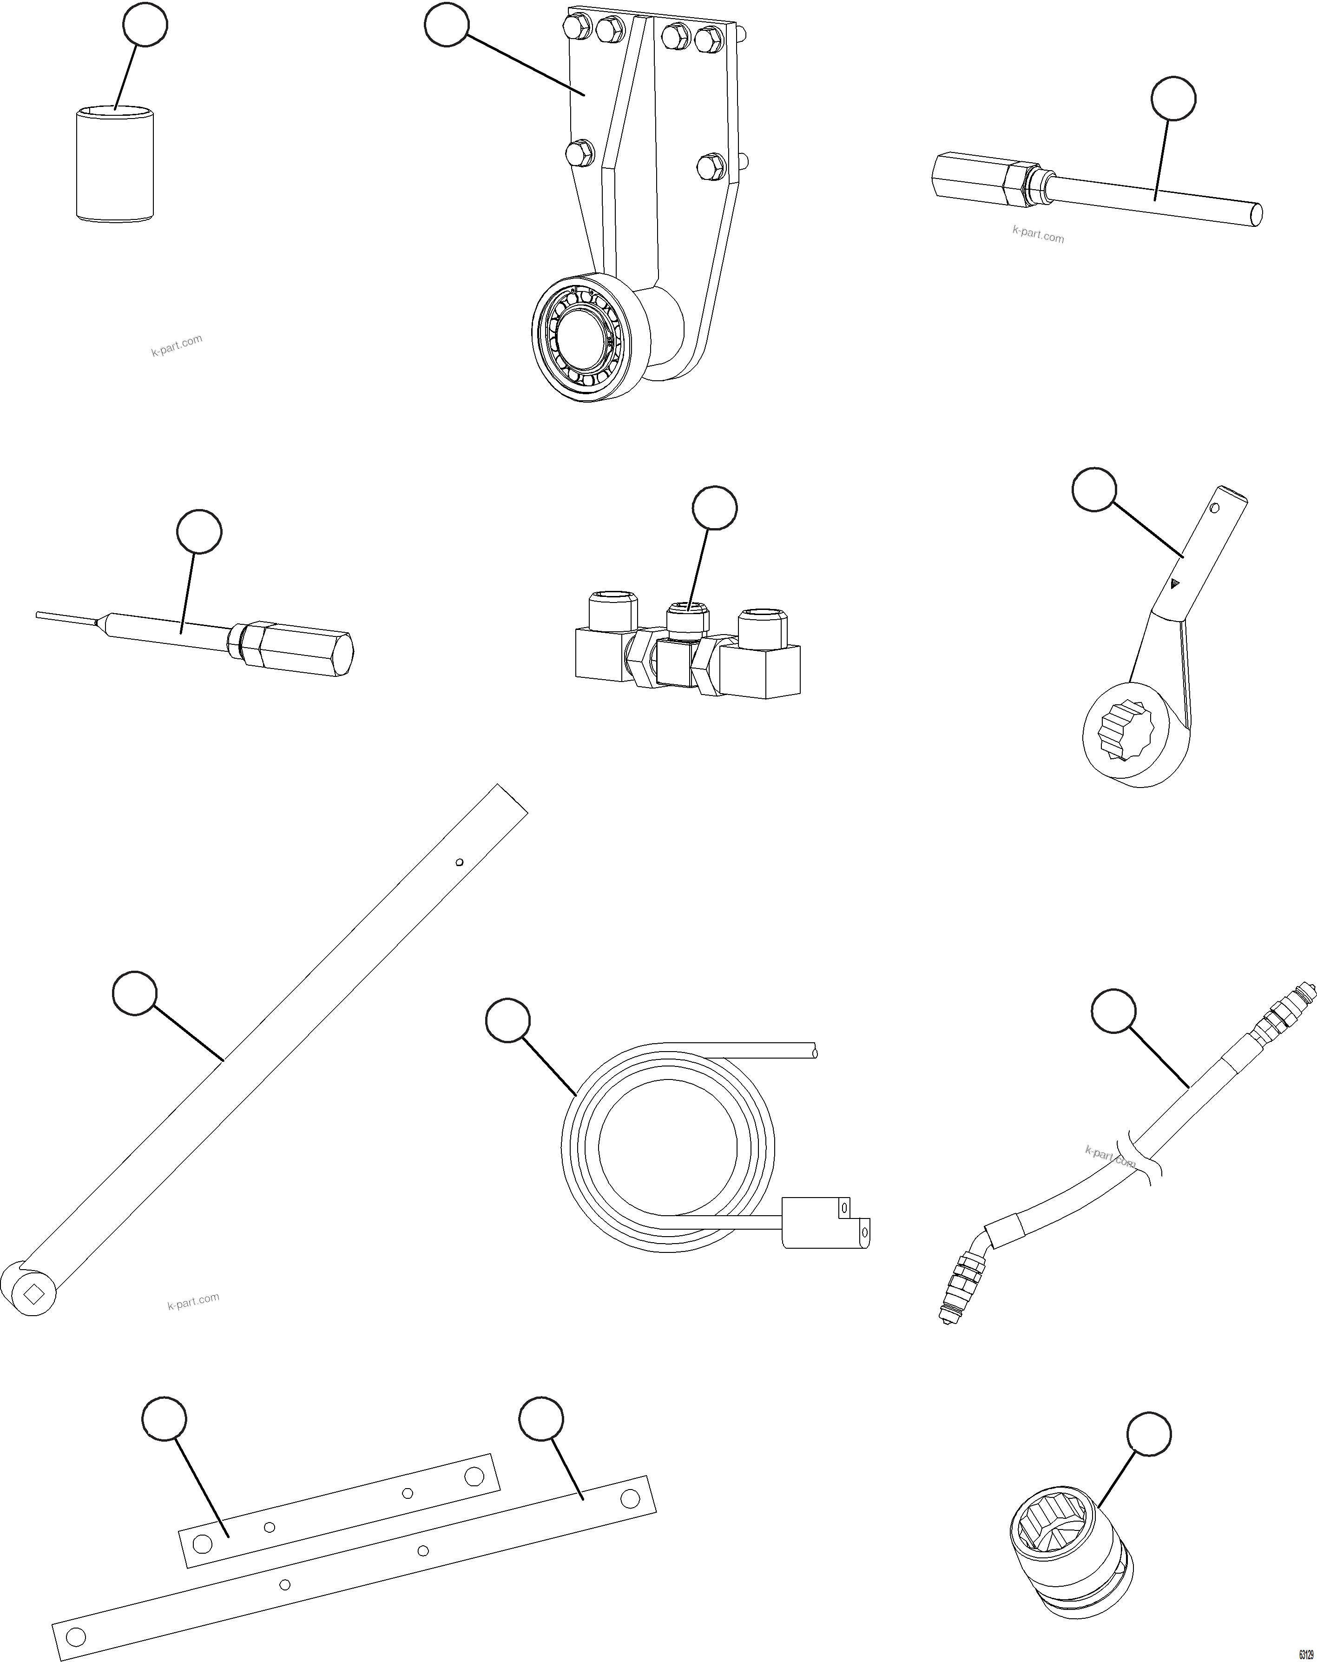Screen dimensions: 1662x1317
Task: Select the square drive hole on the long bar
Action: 33,1296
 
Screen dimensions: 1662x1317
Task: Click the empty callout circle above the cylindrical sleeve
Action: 145,25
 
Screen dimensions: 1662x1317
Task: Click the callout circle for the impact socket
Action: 1149,1434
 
